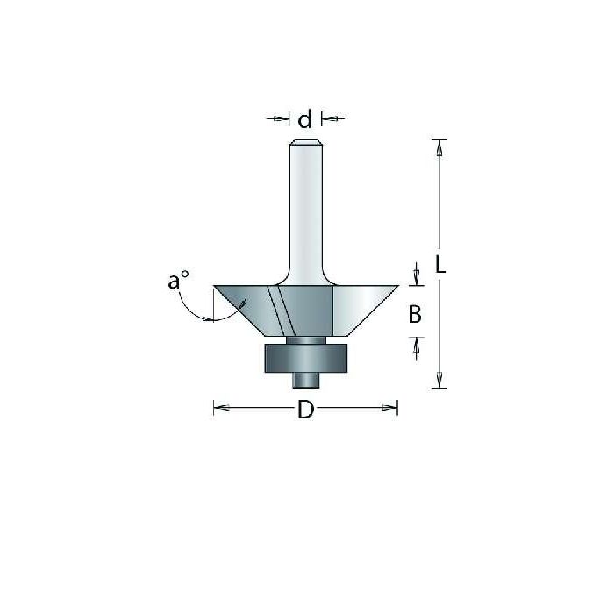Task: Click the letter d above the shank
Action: [x=305, y=119]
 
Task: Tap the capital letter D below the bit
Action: [x=305, y=410]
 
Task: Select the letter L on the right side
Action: [x=441, y=264]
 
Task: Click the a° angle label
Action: [x=178, y=282]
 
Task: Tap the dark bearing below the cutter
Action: [x=305, y=357]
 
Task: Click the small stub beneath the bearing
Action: [x=305, y=379]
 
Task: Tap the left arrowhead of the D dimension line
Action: [x=218, y=407]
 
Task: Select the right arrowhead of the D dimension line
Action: [x=393, y=407]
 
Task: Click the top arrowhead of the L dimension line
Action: [x=440, y=146]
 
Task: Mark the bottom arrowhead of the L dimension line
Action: [x=440, y=381]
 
